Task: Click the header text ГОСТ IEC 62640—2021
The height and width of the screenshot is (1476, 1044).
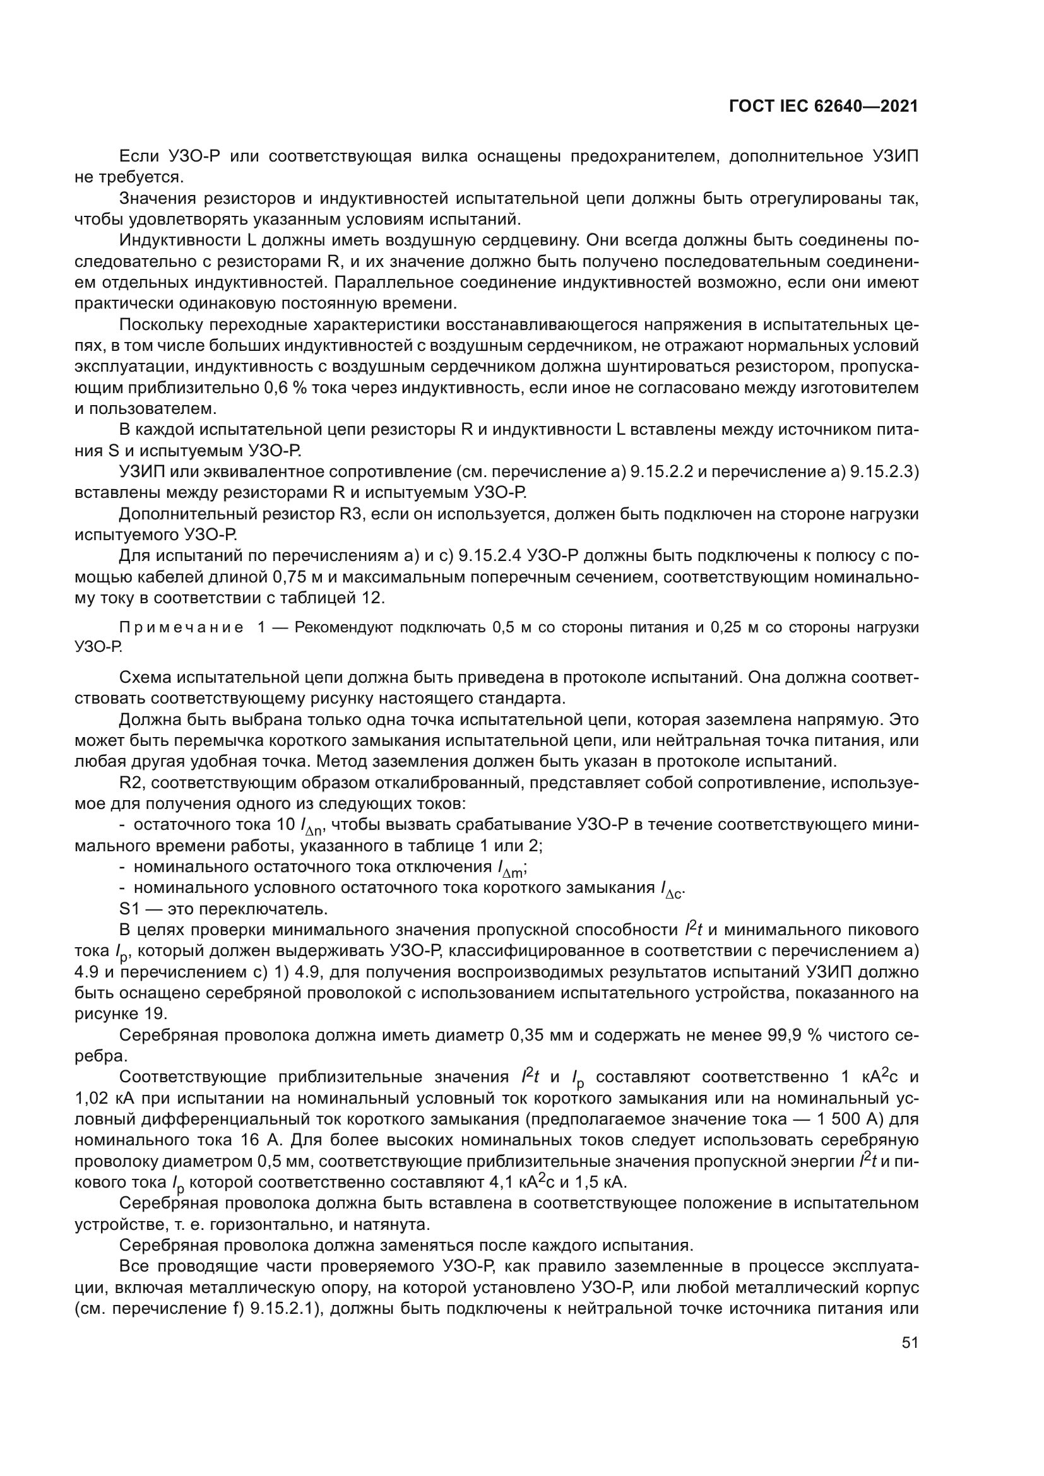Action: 824,106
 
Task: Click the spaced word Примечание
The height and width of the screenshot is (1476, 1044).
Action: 182,628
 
